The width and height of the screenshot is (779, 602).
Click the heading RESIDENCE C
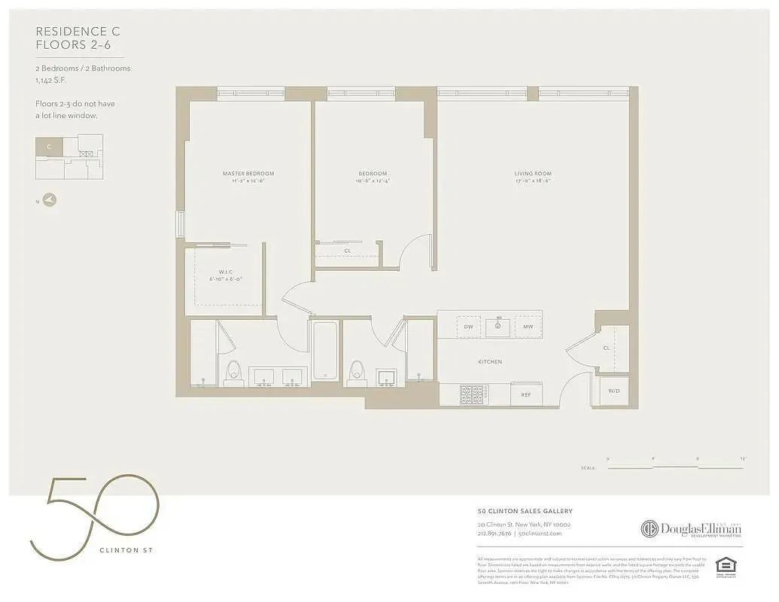(78, 32)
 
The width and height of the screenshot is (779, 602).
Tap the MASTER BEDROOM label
(248, 174)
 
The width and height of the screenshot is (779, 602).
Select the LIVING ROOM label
(533, 174)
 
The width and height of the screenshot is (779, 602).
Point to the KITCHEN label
(489, 362)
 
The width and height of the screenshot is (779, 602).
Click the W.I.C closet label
(229, 272)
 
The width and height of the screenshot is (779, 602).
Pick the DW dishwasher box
(468, 327)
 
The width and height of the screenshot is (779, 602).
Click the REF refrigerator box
(526, 394)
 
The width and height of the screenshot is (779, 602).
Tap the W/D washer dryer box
(613, 391)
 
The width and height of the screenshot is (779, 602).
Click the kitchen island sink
(498, 327)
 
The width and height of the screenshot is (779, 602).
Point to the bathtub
(324, 351)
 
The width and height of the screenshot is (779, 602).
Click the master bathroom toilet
(233, 372)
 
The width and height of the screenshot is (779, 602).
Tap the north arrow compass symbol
(50, 200)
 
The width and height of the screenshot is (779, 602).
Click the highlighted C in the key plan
(49, 147)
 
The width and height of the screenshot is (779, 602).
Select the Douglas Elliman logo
(691, 529)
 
